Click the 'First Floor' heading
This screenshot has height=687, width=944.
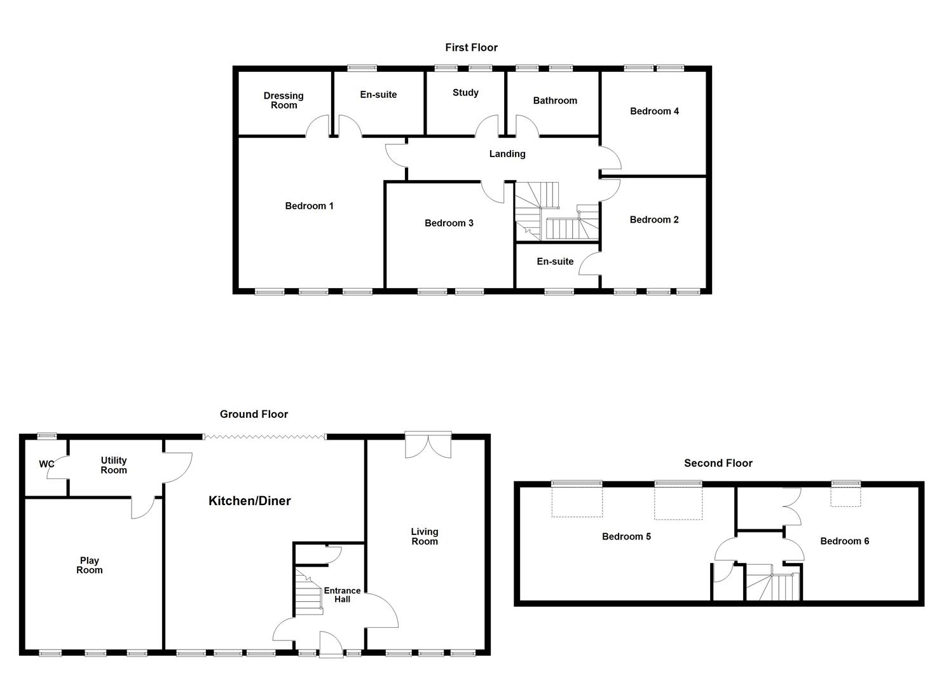click(471, 47)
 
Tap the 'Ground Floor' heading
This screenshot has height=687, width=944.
click(254, 414)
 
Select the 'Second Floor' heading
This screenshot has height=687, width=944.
click(718, 463)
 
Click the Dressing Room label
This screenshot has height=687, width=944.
click(284, 101)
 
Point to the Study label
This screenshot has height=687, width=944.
click(465, 93)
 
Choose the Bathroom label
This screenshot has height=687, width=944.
click(555, 101)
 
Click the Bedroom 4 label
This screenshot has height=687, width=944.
click(654, 111)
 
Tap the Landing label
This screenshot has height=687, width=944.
click(507, 154)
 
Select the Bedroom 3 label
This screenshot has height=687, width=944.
click(449, 223)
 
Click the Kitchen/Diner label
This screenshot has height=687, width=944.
click(249, 501)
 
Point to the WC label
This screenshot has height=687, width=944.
click(46, 464)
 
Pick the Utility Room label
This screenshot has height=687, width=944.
click(114, 465)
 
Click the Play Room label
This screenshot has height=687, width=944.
click(89, 566)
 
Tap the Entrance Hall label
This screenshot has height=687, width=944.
click(342, 595)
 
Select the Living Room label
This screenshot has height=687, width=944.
click(424, 536)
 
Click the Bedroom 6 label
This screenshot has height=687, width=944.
click(844, 541)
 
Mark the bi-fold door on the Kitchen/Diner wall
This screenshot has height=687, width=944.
click(264, 436)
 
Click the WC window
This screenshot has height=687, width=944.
click(46, 436)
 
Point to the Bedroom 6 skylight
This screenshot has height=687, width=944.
click(846, 494)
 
